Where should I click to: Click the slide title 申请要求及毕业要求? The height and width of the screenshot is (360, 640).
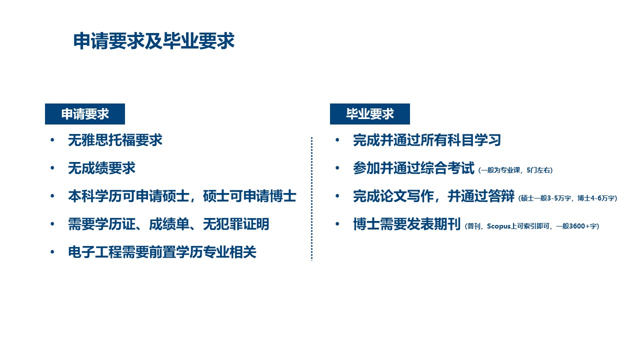pos(154,41)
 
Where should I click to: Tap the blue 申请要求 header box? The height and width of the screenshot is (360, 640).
pos(85,114)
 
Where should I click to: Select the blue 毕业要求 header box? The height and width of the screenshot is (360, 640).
pos(369,114)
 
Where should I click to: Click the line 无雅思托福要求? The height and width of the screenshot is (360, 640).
pos(115,140)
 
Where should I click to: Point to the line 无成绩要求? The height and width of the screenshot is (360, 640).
pos(101,168)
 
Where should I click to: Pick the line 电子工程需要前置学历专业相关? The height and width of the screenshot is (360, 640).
pos(162,252)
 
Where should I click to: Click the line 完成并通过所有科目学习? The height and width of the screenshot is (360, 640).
pos(427,140)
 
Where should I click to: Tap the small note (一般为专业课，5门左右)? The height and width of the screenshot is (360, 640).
pos(515,170)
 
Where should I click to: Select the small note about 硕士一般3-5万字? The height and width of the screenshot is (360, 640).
pos(567,198)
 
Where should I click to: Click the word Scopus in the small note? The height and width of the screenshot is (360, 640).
pos(498,226)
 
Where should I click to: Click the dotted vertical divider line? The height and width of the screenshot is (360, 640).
pos(311,199)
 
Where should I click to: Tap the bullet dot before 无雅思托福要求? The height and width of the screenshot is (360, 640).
pos(52,140)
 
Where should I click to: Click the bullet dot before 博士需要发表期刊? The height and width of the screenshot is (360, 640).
pos(337,224)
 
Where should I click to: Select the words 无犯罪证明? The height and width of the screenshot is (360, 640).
pos(236,224)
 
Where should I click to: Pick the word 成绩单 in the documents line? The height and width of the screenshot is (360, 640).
pos(169,224)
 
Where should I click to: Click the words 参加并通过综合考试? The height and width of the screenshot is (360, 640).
pos(413,168)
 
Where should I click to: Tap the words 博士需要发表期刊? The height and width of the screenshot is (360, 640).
pos(406,224)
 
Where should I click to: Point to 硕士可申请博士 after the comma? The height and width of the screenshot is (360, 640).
pos(249,196)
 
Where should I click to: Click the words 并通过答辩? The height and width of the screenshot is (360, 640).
pos(481,196)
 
